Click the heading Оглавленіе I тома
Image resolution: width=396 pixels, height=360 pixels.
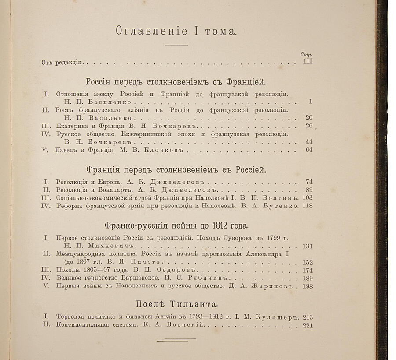[x=176, y=31]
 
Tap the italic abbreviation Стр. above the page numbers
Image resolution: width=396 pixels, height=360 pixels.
[x=306, y=54]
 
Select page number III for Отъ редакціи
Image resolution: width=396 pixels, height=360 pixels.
[x=308, y=62]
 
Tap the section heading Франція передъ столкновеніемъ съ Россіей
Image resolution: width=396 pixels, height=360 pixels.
[x=176, y=170]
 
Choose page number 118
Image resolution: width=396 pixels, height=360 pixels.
[x=307, y=206]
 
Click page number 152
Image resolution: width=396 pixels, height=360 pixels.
[x=307, y=262]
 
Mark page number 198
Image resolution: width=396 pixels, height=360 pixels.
[x=307, y=287]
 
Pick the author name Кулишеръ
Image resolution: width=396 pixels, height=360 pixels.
[x=280, y=317]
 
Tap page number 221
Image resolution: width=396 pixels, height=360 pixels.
[x=307, y=325]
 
